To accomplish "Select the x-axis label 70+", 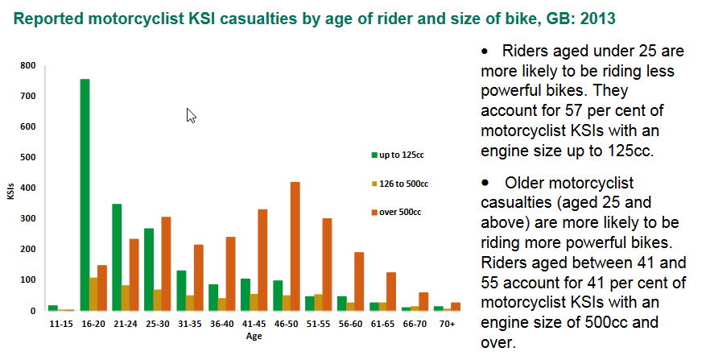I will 448,325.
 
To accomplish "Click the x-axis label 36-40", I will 222,325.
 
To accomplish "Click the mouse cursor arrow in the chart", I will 191,115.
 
